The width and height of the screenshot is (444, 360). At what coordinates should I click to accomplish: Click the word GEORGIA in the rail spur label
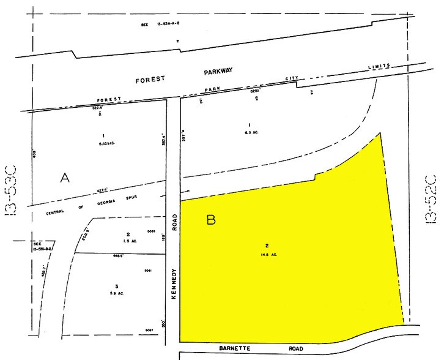(92, 206)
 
